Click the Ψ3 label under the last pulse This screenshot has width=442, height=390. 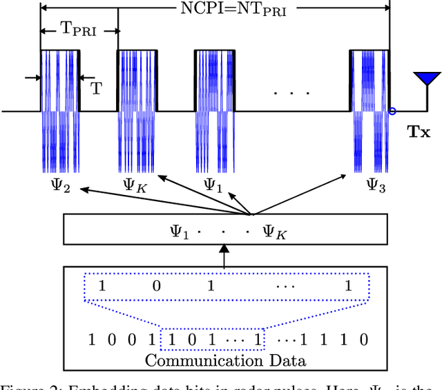click(375, 185)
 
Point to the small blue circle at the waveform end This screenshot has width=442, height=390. click(392, 111)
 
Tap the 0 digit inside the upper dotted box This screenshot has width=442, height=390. click(156, 286)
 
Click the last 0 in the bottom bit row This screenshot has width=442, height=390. click(364, 339)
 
